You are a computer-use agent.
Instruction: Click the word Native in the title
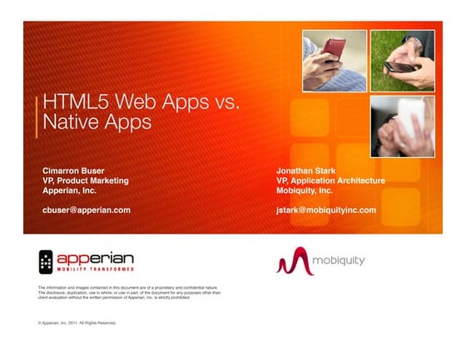click(x=72, y=123)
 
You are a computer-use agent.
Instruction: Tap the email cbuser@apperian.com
click(x=87, y=210)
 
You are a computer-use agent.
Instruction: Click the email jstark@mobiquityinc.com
click(x=326, y=210)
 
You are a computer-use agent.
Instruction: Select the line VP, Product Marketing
click(x=86, y=180)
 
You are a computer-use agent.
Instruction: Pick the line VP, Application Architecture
click(x=330, y=180)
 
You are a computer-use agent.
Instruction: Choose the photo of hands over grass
click(x=401, y=60)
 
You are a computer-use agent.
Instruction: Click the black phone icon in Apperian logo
click(x=46, y=262)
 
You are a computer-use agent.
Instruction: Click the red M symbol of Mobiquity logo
click(x=293, y=263)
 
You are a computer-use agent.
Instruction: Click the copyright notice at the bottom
click(x=77, y=322)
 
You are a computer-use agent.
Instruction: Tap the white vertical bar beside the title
click(x=37, y=113)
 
